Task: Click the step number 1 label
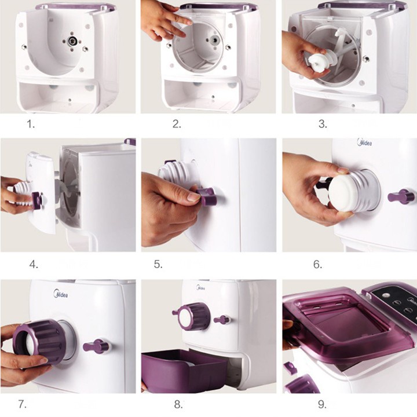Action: click(31, 124)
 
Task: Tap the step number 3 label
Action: click(323, 124)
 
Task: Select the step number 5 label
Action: click(158, 264)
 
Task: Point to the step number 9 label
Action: click(322, 404)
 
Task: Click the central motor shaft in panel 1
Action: click(72, 41)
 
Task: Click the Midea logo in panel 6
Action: click(365, 142)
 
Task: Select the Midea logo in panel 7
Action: click(61, 294)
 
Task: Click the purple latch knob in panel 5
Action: click(206, 196)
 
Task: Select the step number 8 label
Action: click(178, 404)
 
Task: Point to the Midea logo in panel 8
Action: click(201, 287)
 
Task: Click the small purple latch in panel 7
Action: click(96, 346)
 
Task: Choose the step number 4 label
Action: click(34, 264)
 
